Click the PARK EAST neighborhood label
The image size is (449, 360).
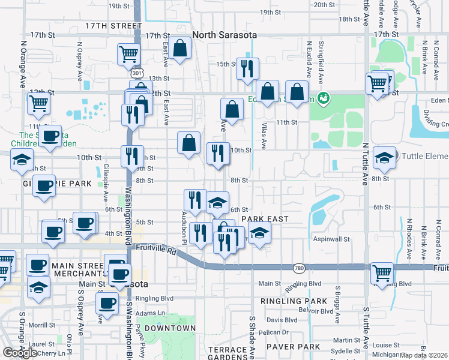[265, 220]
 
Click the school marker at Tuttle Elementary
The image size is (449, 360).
[384, 157]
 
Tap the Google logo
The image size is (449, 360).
[20, 352]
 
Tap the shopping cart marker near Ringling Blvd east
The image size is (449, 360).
[382, 272]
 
